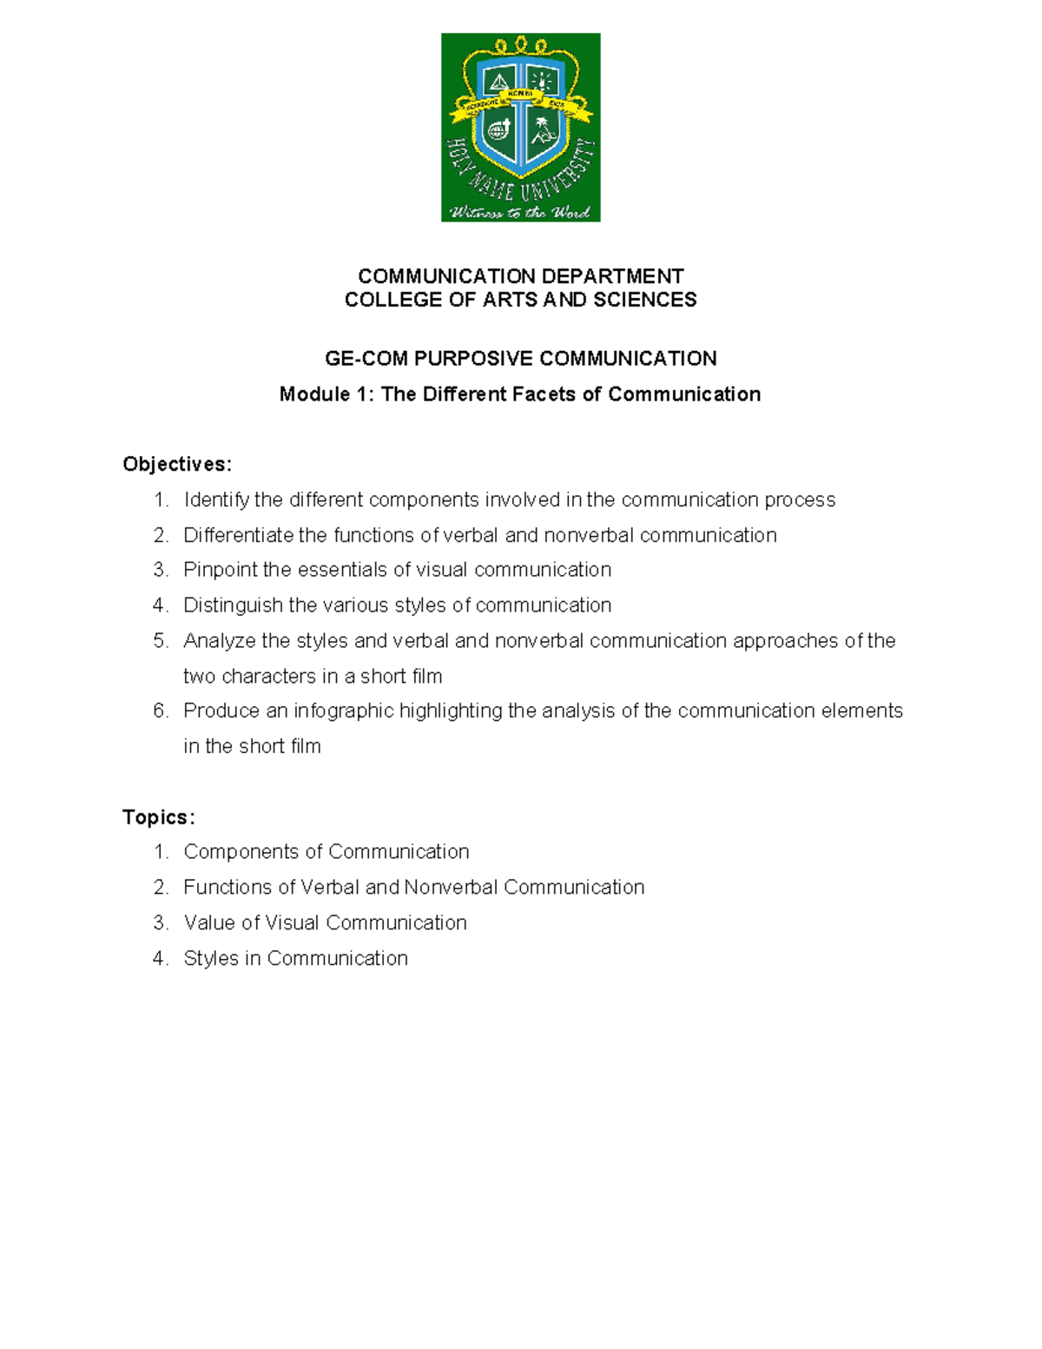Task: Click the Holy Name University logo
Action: coord(520,128)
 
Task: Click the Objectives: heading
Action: coord(177,464)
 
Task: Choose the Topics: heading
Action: coord(159,817)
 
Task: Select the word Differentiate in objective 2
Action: coord(238,535)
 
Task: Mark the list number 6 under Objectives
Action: coord(160,711)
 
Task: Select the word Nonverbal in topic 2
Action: coord(451,887)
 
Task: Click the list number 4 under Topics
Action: coord(160,958)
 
